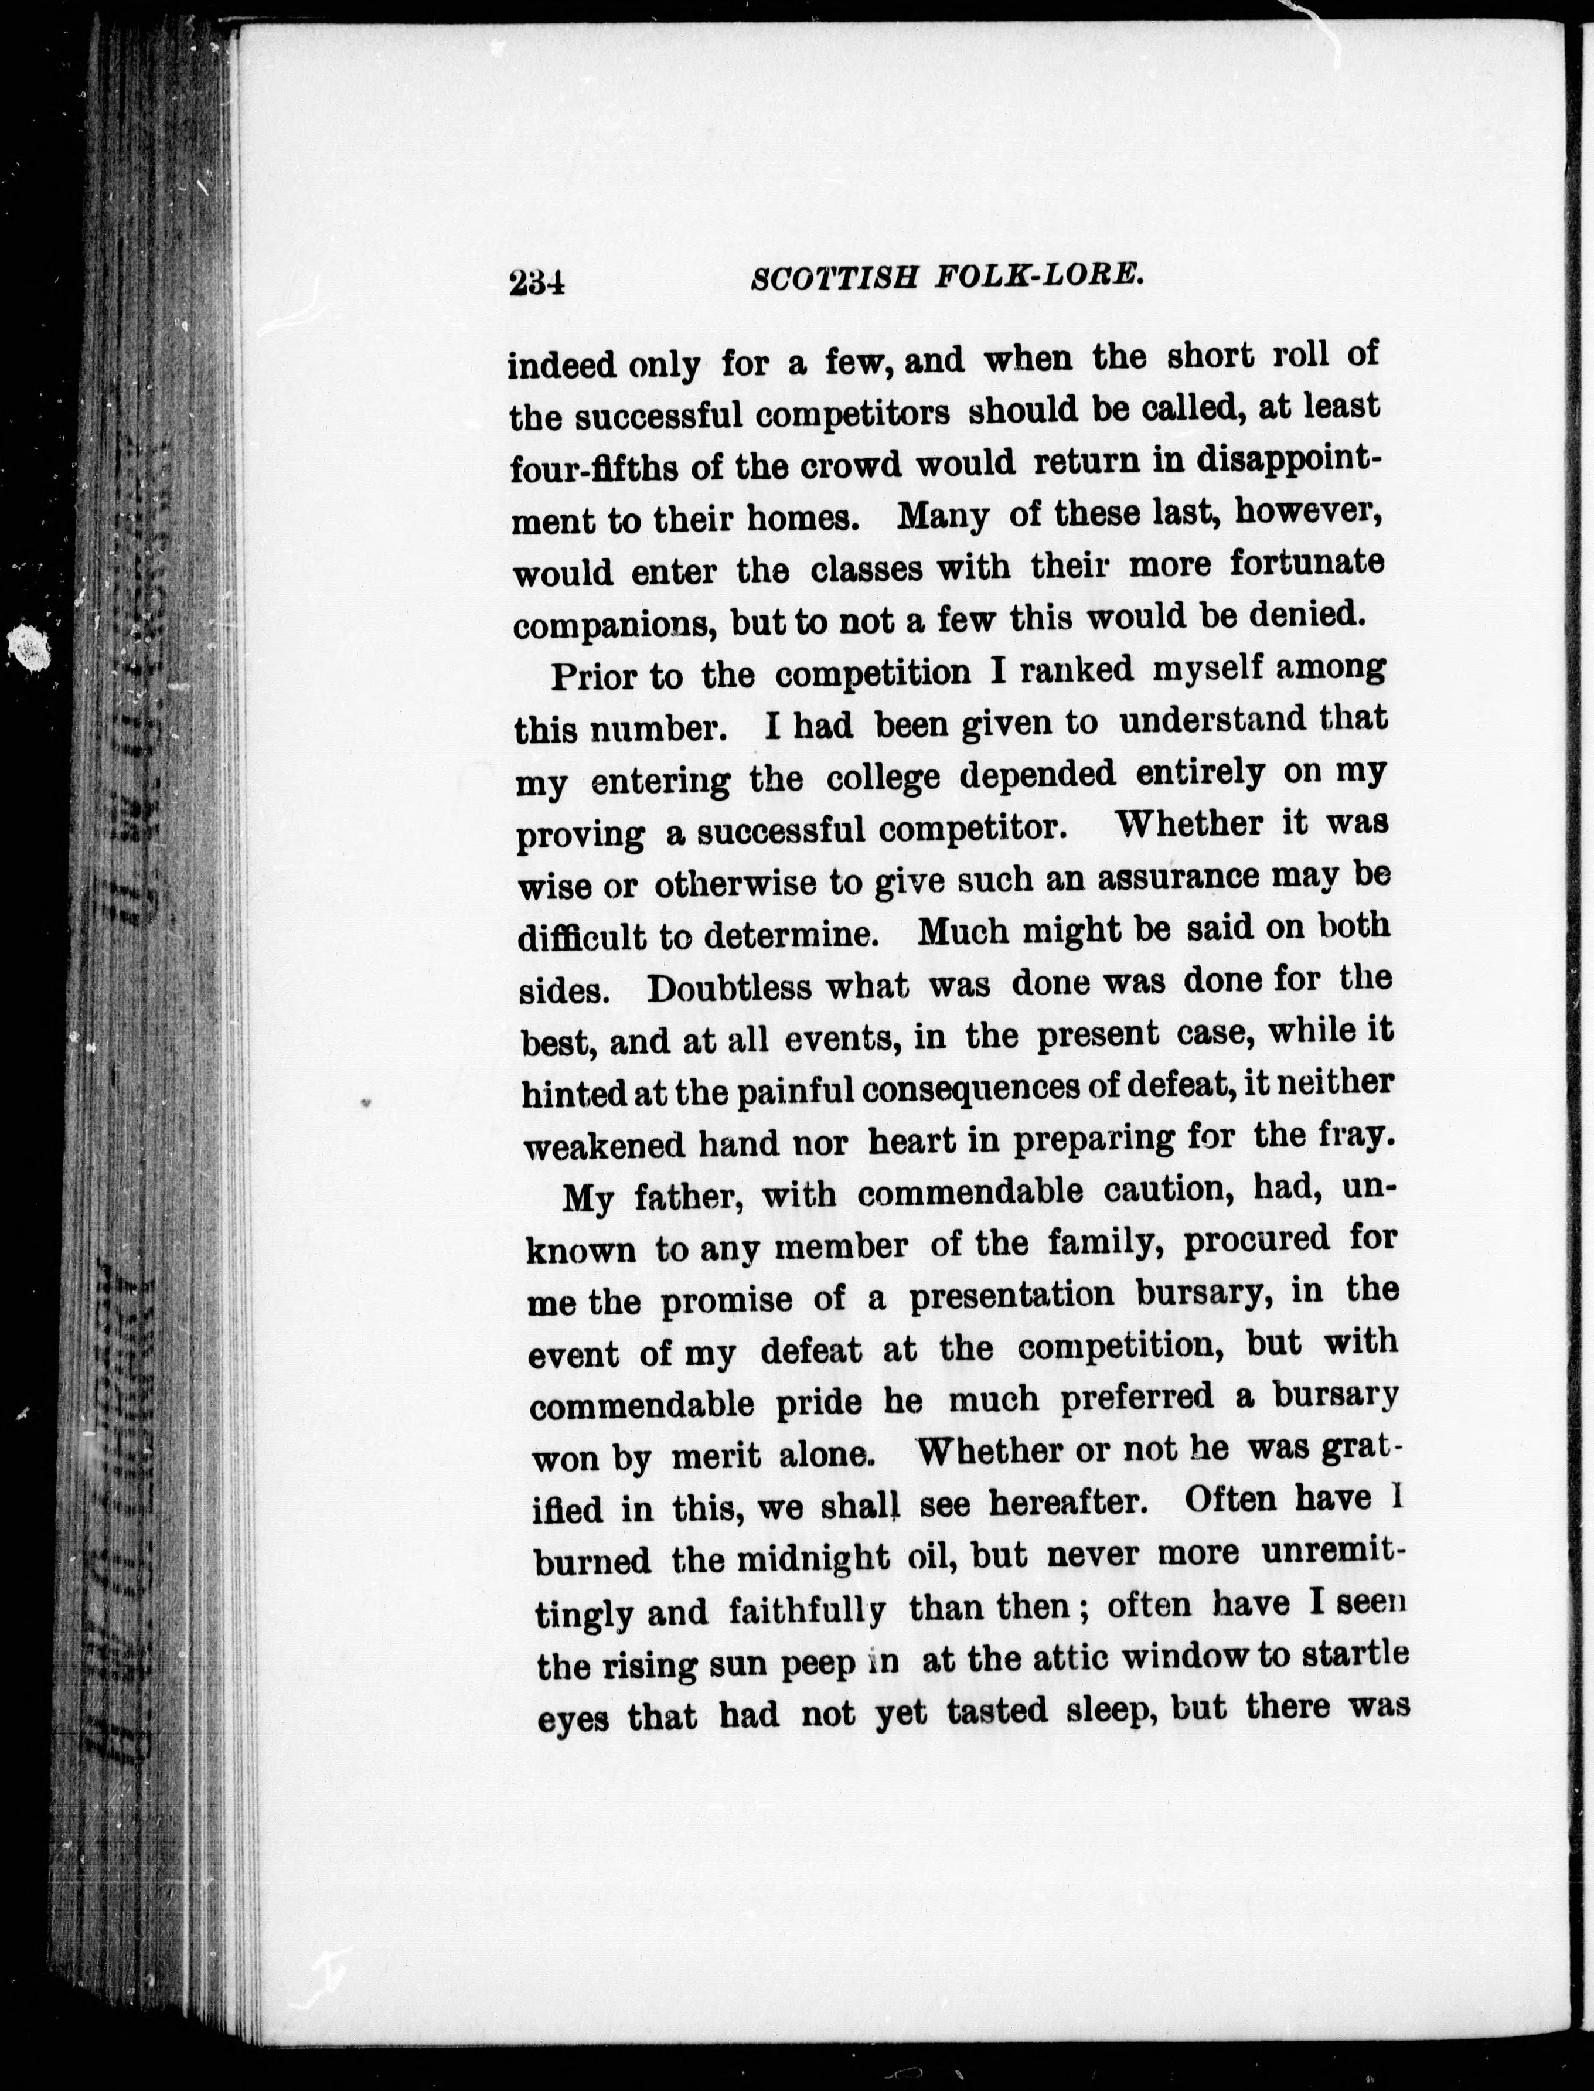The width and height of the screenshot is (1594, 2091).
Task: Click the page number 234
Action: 536,282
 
